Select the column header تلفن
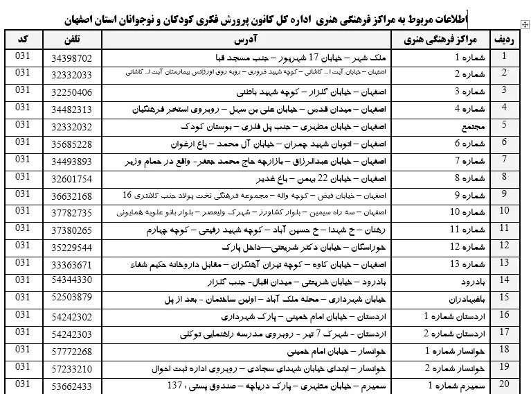[75, 39]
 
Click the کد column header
[22, 39]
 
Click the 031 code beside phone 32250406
[22, 89]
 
